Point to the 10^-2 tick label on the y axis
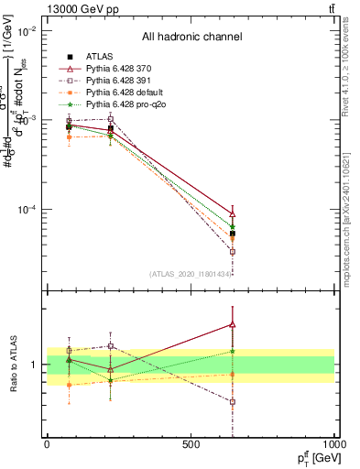pos(29,31)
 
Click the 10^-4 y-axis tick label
pos(29,210)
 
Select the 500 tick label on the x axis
pos(191,443)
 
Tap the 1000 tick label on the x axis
pos(334,443)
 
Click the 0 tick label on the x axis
pos(47,443)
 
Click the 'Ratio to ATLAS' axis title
pos(13,364)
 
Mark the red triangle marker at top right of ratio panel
pos(233,323)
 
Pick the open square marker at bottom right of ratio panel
pos(233,401)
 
